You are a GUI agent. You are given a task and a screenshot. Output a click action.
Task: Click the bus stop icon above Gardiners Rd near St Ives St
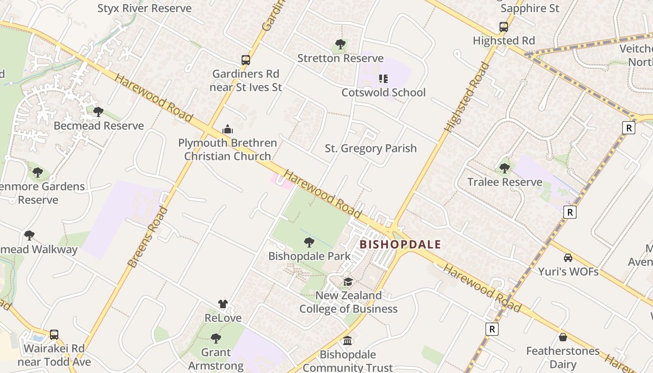pyautogui.click(x=246, y=60)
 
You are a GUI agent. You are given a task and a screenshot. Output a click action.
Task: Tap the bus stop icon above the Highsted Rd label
pyautogui.click(x=504, y=27)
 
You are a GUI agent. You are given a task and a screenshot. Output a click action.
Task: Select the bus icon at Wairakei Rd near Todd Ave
pyautogui.click(x=54, y=335)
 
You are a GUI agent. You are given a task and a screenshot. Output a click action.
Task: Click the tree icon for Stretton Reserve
pyautogui.click(x=340, y=45)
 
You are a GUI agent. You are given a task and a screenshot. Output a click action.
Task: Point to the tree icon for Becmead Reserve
pyautogui.click(x=98, y=112)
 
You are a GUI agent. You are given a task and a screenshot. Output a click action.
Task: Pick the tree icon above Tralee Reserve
pyautogui.click(x=505, y=168)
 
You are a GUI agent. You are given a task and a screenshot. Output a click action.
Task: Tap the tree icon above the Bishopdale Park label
pyautogui.click(x=309, y=242)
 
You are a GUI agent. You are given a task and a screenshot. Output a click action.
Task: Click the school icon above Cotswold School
pyautogui.click(x=383, y=79)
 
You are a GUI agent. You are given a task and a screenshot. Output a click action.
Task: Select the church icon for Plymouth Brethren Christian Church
pyautogui.click(x=228, y=129)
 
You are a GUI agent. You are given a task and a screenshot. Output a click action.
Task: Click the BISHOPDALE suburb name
pyautogui.click(x=401, y=244)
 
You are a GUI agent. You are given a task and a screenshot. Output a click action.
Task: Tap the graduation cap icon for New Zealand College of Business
pyautogui.click(x=348, y=282)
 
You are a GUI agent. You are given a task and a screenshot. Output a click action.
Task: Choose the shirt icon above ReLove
pyautogui.click(x=223, y=304)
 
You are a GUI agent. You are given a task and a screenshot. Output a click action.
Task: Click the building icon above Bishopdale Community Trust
pyautogui.click(x=348, y=341)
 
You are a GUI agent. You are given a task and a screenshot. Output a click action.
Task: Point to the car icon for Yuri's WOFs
pyautogui.click(x=568, y=258)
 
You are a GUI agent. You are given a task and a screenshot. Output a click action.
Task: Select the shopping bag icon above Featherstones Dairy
pyautogui.click(x=563, y=337)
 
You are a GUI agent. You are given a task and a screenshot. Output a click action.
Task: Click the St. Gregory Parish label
pyautogui.click(x=370, y=148)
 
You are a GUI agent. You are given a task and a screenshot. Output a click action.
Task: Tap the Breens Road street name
pyautogui.click(x=147, y=238)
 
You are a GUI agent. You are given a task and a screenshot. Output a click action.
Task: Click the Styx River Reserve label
pyautogui.click(x=144, y=8)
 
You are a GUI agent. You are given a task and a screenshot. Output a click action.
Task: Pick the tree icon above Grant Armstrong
pyautogui.click(x=215, y=338)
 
